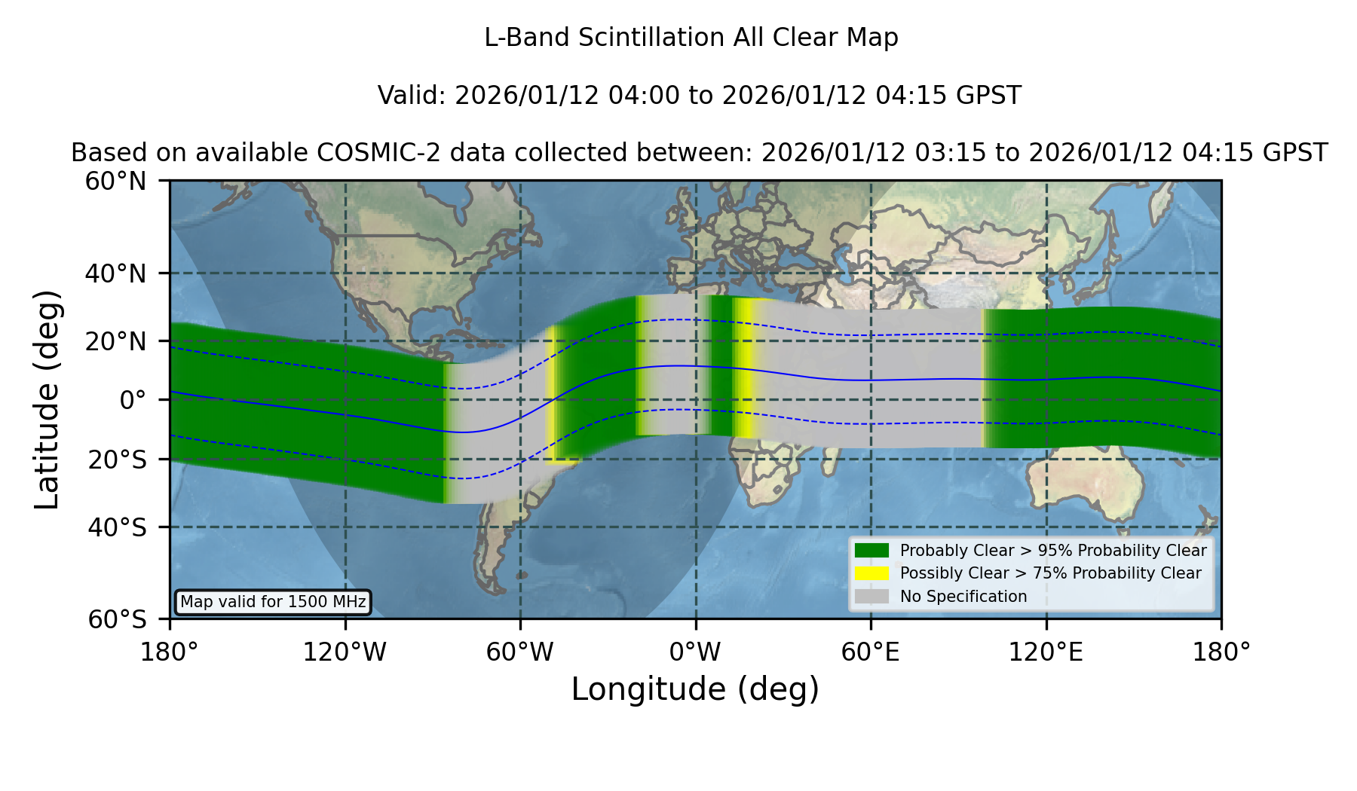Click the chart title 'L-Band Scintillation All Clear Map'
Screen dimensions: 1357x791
[x=691, y=38]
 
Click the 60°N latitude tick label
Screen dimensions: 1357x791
[x=116, y=182]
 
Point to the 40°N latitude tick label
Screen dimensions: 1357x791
[x=116, y=273]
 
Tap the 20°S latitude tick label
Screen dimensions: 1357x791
[x=118, y=460]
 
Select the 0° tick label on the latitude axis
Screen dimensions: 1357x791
[x=133, y=400]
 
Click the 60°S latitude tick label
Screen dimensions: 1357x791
[x=118, y=620]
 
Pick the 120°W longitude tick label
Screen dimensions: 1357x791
[x=345, y=652]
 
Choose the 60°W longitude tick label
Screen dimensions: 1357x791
[x=520, y=652]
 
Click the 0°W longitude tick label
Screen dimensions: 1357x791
[x=696, y=652]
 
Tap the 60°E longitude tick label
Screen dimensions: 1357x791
[x=871, y=652]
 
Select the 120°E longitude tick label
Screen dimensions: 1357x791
[x=1046, y=652]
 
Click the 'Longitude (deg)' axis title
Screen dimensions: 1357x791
[x=695, y=690]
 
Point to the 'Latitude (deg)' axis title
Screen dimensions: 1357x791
[x=47, y=400]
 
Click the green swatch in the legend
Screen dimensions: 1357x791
[x=871, y=551]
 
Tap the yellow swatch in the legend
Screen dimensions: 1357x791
[x=871, y=573]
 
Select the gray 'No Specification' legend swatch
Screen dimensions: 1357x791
[x=871, y=597]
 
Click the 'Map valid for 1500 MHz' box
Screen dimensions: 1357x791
[x=273, y=602]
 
